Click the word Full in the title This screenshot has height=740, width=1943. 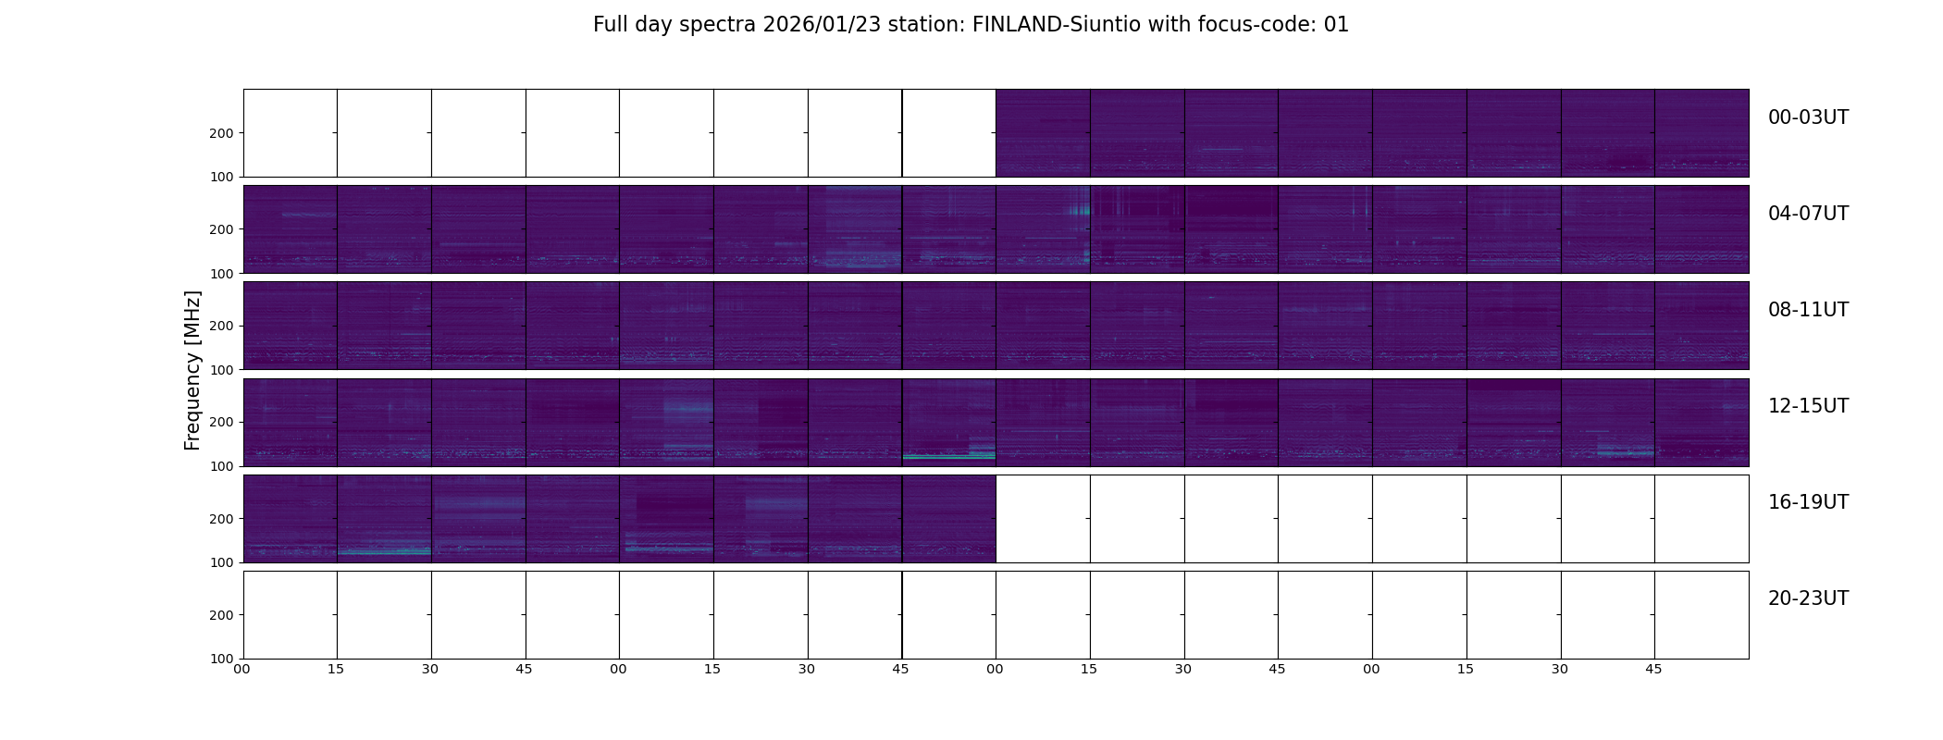pos(611,25)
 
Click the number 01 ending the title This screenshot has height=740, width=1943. pos(1336,25)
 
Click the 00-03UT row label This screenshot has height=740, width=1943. pos(1808,117)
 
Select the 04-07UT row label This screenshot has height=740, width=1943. pos(1808,214)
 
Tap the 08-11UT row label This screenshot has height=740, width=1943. pos(1808,310)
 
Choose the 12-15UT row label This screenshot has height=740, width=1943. pos(1808,406)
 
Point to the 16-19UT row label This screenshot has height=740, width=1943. pos(1808,502)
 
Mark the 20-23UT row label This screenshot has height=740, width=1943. pos(1808,598)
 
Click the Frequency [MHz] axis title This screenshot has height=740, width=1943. pos(192,370)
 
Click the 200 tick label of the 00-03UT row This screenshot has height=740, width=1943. pos(222,133)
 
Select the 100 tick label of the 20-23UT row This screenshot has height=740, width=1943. pos(222,659)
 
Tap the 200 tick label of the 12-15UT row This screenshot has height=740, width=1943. pos(222,422)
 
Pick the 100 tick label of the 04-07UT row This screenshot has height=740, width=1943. pos(222,274)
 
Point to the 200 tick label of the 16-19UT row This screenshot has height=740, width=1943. pos(222,519)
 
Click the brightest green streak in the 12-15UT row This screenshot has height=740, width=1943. pos(947,457)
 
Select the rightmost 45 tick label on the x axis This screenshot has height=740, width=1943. pos(1653,669)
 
